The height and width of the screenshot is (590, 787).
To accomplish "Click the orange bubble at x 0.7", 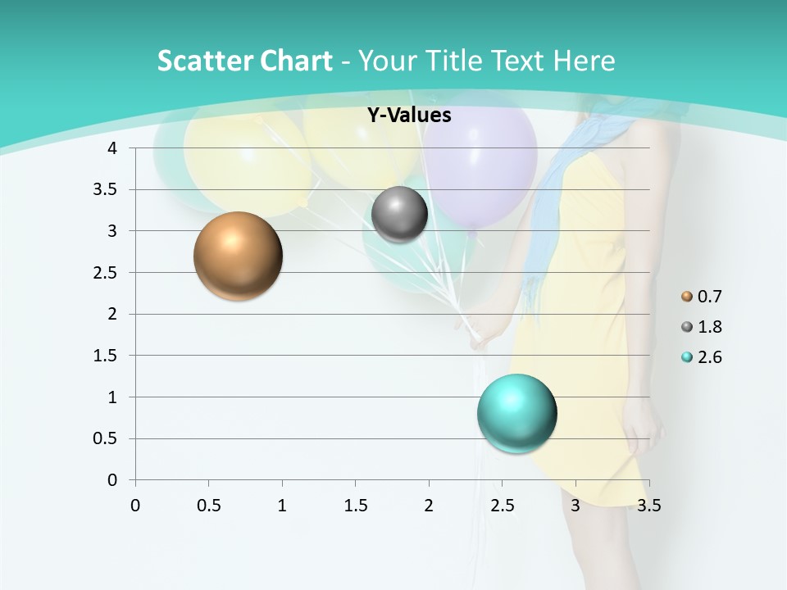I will [238, 256].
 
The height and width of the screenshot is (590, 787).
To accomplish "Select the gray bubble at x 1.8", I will [399, 215].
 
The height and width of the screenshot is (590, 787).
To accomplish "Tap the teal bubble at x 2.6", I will [516, 413].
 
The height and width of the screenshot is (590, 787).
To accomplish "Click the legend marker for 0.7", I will [687, 297].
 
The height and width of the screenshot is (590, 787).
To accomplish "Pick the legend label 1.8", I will [709, 327].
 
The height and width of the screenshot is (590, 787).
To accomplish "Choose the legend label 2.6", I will [709, 357].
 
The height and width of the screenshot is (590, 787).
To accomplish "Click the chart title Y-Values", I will [408, 116].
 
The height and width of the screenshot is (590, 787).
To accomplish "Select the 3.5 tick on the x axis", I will [648, 506].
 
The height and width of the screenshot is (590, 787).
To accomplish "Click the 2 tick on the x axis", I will [429, 506].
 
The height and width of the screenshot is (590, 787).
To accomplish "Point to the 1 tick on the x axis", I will [282, 506].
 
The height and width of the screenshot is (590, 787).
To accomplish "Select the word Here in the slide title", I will [583, 61].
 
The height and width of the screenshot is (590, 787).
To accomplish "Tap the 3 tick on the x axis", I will [575, 506].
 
